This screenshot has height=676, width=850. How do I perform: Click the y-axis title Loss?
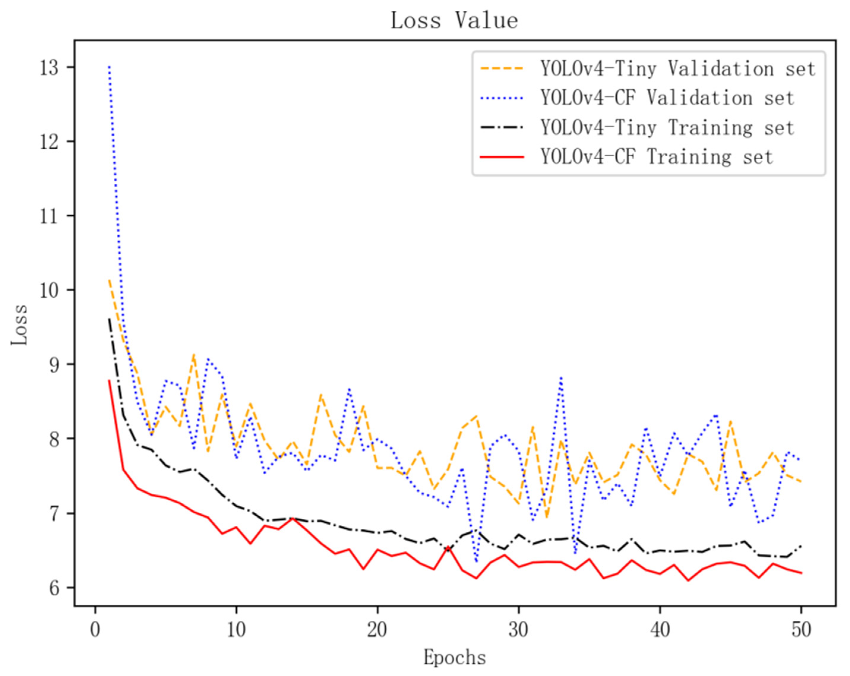click(19, 325)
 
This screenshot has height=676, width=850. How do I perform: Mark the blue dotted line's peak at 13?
click(109, 67)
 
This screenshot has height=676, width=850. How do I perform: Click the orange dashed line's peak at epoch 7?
click(194, 354)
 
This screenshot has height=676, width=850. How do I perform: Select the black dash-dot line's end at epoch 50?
click(801, 546)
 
